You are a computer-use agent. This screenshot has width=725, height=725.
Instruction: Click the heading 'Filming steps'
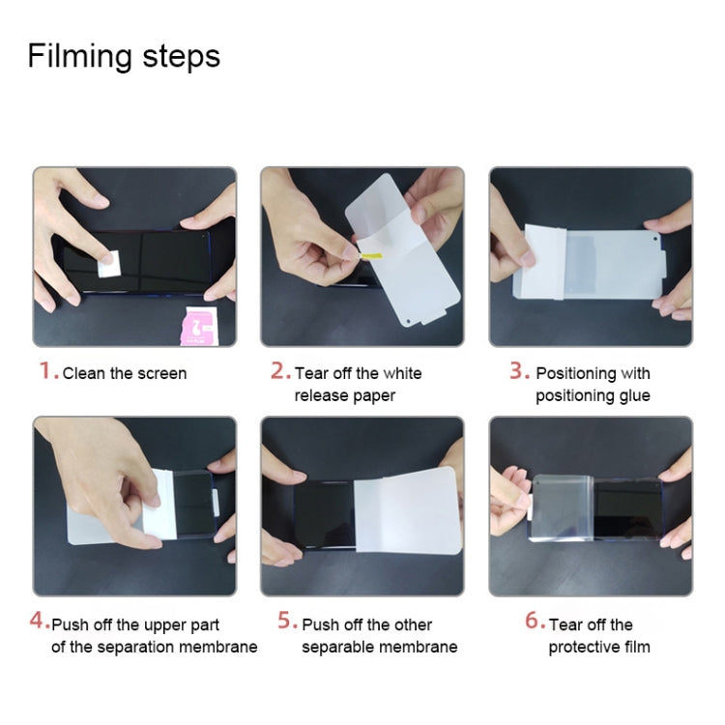(x=124, y=56)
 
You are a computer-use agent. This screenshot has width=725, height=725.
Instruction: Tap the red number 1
(x=44, y=371)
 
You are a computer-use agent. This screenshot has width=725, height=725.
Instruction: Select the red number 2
(x=278, y=371)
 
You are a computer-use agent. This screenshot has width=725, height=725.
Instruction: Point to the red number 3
(x=517, y=371)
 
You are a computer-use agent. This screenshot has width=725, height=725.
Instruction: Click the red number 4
(x=38, y=622)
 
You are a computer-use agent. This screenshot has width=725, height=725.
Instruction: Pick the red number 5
(x=286, y=622)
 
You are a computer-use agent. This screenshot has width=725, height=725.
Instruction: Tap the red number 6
(x=534, y=622)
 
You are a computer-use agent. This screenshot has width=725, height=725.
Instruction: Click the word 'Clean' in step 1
(x=83, y=373)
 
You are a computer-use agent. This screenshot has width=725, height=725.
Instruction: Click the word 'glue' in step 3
(x=633, y=395)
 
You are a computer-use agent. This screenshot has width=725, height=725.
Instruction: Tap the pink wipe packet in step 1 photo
(x=198, y=324)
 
